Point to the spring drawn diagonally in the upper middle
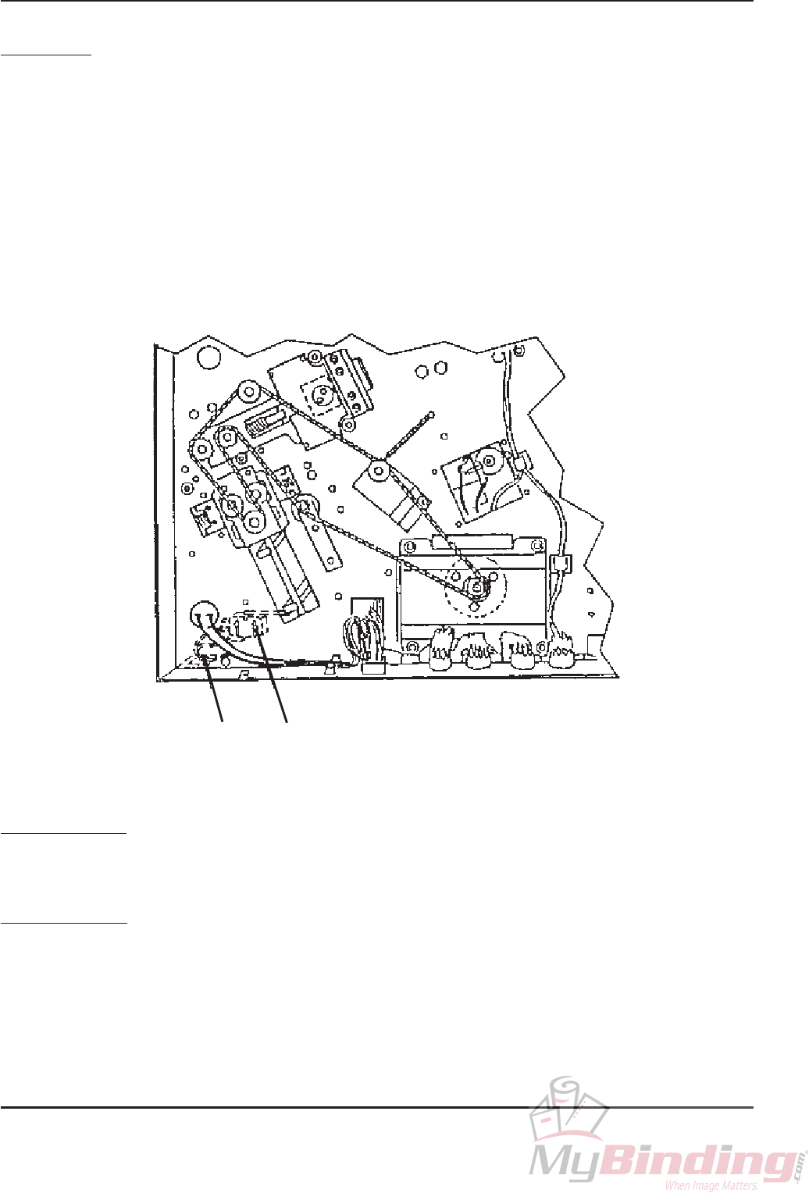tap(407, 434)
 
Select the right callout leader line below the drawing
tap(273, 679)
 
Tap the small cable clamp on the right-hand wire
tap(558, 564)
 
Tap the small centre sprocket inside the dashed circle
tap(474, 584)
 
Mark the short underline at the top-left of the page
tap(46, 56)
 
